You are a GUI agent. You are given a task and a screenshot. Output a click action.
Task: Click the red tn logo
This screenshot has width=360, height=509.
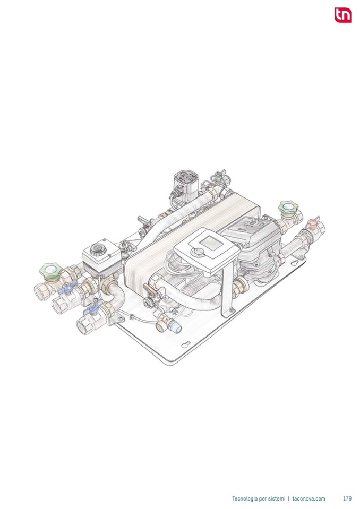point(343,15)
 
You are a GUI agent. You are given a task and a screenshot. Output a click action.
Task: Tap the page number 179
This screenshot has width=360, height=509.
point(347,498)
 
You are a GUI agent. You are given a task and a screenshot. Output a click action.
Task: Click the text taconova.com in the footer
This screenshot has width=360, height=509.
point(308,498)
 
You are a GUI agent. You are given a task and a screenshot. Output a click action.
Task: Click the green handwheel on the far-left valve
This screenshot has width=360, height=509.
point(50,271)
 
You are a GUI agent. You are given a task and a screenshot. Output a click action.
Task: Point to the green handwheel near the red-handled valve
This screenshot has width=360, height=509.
point(288,208)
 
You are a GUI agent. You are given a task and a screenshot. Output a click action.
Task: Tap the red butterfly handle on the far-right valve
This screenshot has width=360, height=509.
point(313,222)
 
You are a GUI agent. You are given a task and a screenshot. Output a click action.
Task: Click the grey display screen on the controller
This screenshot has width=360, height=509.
point(211,243)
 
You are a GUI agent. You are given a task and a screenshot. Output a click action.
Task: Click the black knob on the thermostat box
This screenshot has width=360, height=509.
point(98,249)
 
